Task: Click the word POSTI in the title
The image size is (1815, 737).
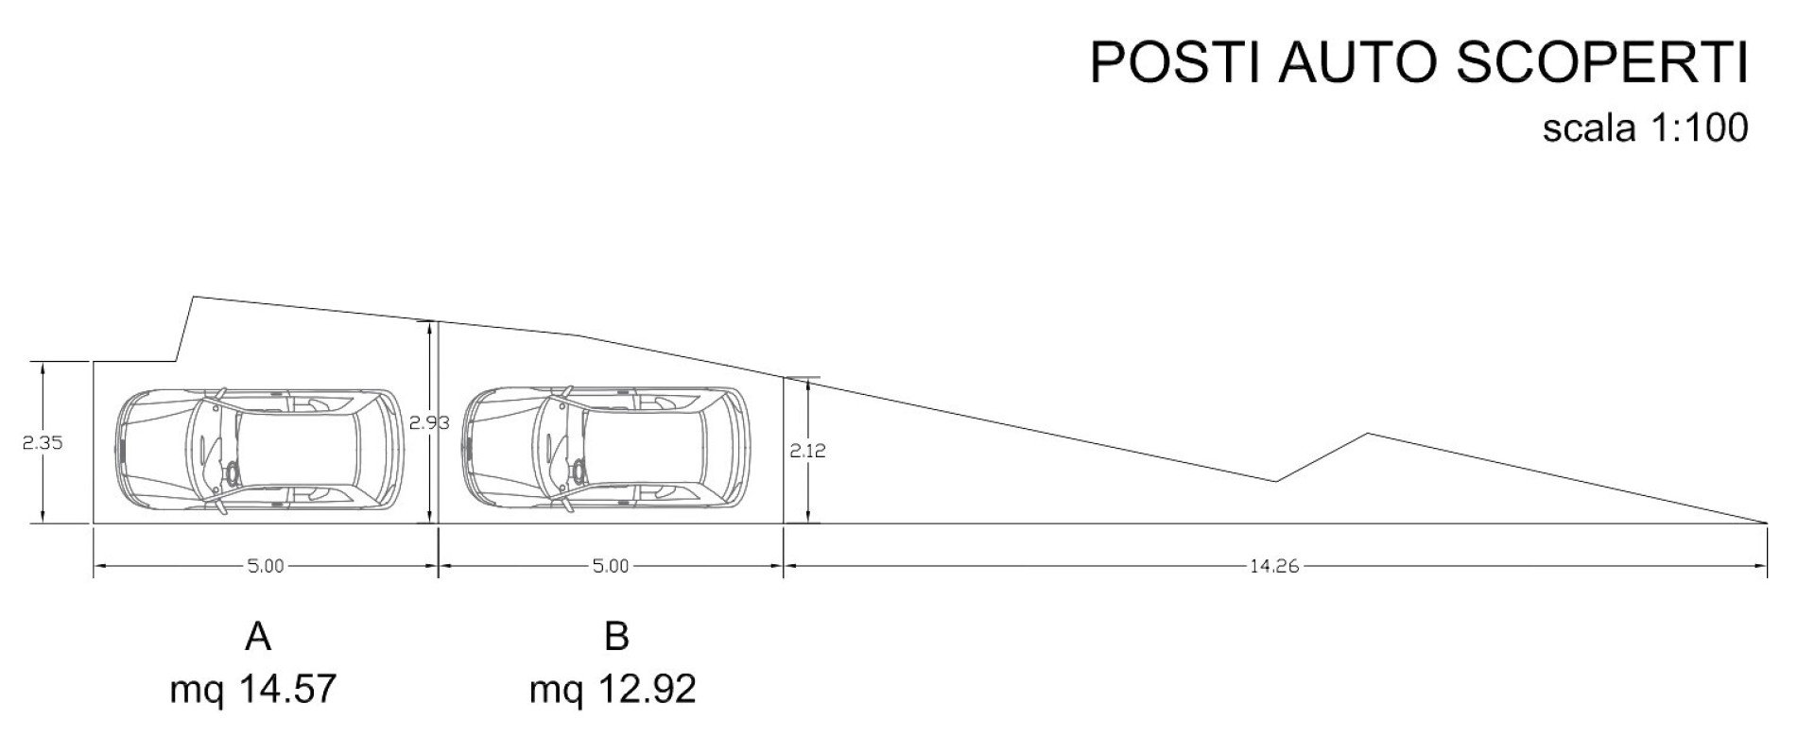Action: pyautogui.click(x=1174, y=63)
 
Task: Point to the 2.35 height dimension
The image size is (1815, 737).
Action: pyautogui.click(x=43, y=442)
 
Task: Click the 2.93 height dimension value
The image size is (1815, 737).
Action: pyautogui.click(x=429, y=423)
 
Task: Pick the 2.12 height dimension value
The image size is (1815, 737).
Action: pyautogui.click(x=808, y=452)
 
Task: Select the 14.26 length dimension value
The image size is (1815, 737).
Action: pyautogui.click(x=1274, y=567)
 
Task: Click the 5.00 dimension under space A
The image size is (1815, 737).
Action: pyautogui.click(x=266, y=567)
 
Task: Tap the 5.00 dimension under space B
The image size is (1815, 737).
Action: pyautogui.click(x=611, y=567)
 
